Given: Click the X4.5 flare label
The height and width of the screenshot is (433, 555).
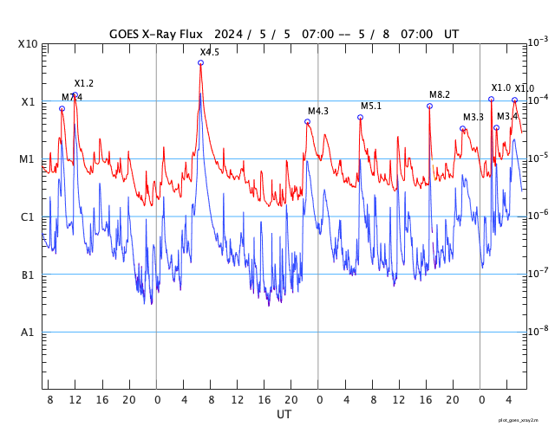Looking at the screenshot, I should (210, 53).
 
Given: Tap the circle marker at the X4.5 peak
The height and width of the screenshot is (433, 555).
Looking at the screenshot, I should (200, 62).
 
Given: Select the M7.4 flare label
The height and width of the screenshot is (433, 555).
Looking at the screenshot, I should (72, 97).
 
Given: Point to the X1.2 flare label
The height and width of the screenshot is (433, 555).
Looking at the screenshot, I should (84, 83).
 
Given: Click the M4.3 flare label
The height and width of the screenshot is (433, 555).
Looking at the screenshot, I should (318, 111).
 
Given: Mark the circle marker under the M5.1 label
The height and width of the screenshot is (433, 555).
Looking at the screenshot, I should (360, 117).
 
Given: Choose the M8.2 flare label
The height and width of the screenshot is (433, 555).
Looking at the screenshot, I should (440, 94).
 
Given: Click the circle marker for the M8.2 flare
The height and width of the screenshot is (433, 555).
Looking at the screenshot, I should (429, 106).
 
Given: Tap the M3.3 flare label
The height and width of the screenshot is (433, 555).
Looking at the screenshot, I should (473, 117).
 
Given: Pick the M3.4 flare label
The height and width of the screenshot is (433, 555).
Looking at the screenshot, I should (507, 116).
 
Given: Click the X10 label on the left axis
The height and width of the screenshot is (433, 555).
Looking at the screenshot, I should (28, 44).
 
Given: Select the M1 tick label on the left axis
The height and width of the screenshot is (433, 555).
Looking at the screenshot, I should (28, 159).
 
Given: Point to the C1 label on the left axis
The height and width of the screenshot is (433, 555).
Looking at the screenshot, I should (28, 217).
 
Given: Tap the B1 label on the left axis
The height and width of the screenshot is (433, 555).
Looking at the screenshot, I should (28, 275).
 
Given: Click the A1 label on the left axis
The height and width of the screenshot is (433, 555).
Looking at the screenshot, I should (28, 333).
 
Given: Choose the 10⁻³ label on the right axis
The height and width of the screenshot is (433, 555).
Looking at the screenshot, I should (538, 42).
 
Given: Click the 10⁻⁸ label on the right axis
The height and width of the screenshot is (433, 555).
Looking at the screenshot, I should (538, 330).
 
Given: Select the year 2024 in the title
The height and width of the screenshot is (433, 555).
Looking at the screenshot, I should (224, 35).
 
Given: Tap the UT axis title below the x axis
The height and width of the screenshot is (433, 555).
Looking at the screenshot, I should (284, 415).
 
